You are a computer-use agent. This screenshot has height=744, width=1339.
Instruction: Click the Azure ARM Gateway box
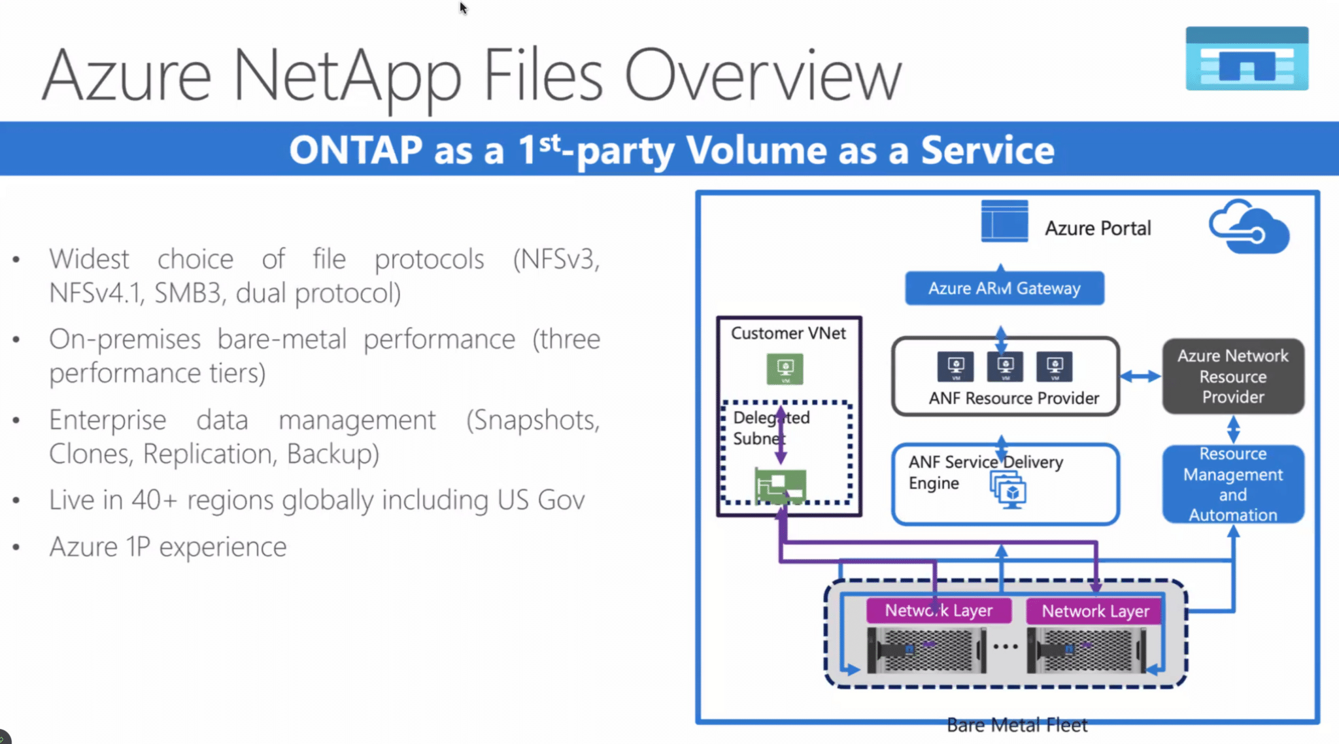pos(1004,288)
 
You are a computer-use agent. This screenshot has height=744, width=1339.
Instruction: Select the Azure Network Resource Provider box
pos(1232,376)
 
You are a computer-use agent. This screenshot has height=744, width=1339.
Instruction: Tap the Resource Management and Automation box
pos(1232,484)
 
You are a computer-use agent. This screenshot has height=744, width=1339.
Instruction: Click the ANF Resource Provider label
pos(1013,398)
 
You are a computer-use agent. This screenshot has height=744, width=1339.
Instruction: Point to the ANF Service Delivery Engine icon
pos(1009,490)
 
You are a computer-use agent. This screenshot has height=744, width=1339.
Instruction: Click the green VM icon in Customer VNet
pos(785,369)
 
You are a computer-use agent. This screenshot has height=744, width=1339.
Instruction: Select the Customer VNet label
pos(788,333)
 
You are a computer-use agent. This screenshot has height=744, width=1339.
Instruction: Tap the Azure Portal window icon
pos(1004,222)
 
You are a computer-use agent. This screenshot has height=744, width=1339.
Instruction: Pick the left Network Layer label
pos(938,611)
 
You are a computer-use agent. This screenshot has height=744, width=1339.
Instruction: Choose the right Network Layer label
pos(1095,611)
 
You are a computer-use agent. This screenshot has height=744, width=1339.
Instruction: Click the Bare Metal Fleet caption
pos(1017,725)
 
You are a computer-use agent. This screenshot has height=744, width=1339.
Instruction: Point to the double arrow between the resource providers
pos(1140,376)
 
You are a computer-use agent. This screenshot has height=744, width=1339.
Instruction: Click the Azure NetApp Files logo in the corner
pos(1247,59)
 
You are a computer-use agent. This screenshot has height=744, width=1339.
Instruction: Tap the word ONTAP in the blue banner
pos(356,150)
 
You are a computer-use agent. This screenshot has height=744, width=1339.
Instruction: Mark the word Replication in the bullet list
pos(211,454)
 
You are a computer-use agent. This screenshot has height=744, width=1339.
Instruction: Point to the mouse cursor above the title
pos(462,7)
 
